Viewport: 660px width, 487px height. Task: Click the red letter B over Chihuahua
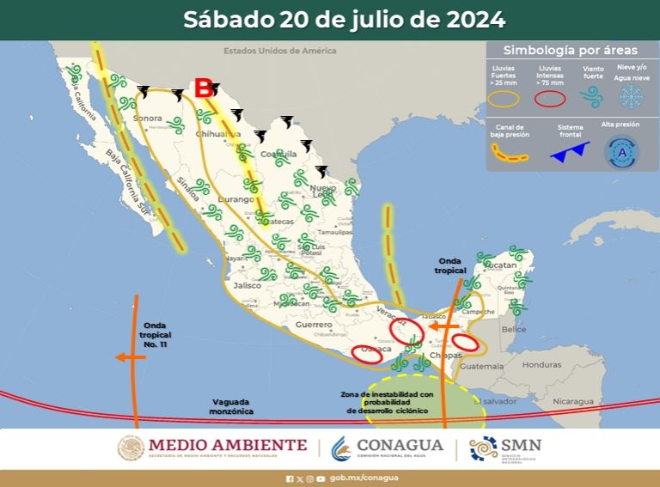pos(204,88)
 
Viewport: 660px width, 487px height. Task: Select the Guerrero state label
pos(313,326)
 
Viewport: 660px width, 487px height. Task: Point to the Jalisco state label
pos(247,285)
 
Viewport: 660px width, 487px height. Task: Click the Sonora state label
pos(148,118)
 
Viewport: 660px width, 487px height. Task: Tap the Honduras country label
pos(541,364)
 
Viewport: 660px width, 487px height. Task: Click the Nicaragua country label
pos(573,401)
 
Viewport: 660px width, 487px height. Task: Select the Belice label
pos(514,329)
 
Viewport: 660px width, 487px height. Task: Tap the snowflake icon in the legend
pos(632,96)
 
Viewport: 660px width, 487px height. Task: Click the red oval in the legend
pos(550,98)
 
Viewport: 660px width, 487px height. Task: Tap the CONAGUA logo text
pos(400,446)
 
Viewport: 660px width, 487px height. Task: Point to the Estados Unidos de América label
pos(280,51)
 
